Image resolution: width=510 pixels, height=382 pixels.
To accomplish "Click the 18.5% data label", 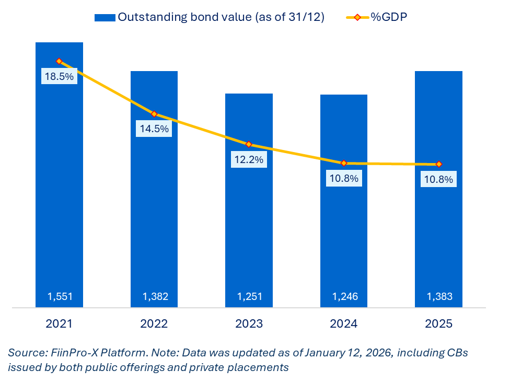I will point(59,76).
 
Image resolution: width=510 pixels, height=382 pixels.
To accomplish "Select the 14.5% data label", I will point(154,129).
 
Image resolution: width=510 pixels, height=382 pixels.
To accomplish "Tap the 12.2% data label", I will point(249,159).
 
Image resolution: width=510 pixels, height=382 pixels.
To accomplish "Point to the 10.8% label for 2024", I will point(344,178).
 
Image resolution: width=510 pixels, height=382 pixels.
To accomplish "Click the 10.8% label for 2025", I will point(439,179).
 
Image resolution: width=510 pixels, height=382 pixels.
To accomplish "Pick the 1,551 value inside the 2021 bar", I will point(60,297).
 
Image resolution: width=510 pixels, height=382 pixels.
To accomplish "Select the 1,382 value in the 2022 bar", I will point(155,297).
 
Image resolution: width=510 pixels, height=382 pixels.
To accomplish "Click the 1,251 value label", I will point(249,297).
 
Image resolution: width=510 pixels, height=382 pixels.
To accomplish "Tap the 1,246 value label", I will point(344,297).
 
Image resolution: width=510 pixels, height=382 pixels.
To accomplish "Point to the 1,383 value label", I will point(439,297).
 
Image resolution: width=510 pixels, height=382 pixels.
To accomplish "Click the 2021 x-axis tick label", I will point(59,324).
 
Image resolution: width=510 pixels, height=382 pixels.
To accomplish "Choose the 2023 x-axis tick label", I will point(249,324).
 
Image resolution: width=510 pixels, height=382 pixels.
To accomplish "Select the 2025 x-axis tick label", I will point(438,324).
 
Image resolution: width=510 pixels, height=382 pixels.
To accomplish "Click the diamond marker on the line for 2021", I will point(59,61).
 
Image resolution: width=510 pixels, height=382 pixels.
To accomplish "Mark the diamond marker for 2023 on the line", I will point(249,144).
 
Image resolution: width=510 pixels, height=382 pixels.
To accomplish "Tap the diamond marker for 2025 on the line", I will point(439,164).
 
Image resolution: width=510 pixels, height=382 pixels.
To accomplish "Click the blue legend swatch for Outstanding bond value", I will point(105,17).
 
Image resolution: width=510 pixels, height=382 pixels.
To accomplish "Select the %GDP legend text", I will point(388,17).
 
